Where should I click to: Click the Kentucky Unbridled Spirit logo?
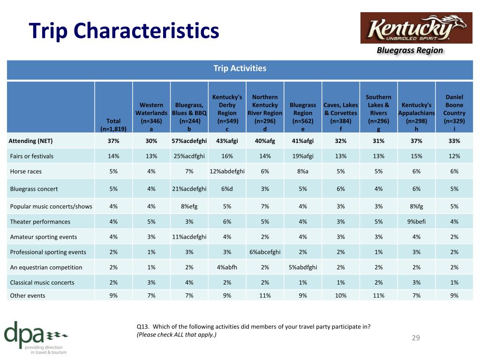click(416, 28)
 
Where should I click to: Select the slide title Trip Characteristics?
click(124, 30)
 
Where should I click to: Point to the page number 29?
click(416, 337)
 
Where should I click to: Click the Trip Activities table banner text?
click(240, 68)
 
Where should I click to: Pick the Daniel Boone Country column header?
click(454, 112)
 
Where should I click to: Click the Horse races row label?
click(26, 172)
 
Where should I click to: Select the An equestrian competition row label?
click(46, 267)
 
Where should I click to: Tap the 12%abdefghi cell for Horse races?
click(227, 172)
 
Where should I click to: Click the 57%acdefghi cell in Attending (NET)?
click(189, 141)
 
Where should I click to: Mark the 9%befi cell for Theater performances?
click(416, 222)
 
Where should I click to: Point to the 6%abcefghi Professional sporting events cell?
click(265, 252)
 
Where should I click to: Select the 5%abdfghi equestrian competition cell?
click(303, 267)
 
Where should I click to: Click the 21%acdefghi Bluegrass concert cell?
click(189, 189)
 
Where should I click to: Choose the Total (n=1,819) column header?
click(113, 125)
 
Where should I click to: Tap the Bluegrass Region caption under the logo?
click(410, 50)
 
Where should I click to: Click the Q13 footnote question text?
click(254, 330)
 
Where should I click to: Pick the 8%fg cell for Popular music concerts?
click(416, 206)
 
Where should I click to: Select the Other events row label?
click(28, 295)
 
